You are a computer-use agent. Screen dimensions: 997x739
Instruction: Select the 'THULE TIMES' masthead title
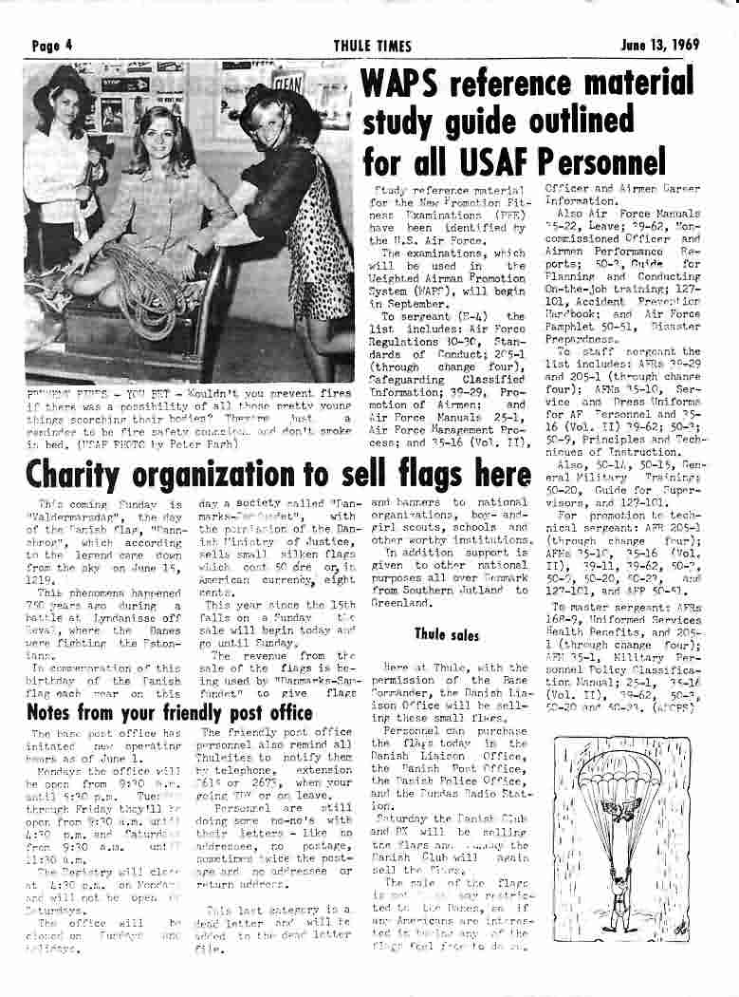tap(372, 45)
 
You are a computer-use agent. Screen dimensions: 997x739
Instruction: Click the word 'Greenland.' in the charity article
tap(401, 601)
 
